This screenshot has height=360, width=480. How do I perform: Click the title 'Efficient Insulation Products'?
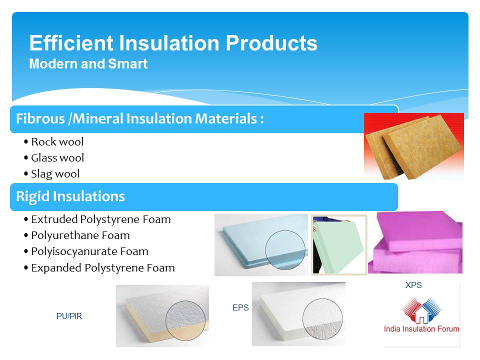tap(173, 43)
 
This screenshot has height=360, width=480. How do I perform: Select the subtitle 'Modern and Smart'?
tap(88, 64)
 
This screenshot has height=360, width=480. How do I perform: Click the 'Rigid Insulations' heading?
tap(70, 196)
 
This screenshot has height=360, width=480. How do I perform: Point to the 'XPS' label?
tap(413, 285)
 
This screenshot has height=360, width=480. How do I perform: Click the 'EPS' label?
tap(240, 307)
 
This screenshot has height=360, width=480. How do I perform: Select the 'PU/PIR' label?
tap(69, 316)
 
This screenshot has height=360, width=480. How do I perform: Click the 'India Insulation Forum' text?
tap(421, 329)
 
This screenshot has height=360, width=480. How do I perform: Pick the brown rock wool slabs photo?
tap(414, 146)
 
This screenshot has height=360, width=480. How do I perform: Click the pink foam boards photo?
tap(415, 242)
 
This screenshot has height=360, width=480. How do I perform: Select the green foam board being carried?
tap(339, 246)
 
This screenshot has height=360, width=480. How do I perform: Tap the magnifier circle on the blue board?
tap(285, 250)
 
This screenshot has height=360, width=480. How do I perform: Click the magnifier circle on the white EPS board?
tap(322, 318)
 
